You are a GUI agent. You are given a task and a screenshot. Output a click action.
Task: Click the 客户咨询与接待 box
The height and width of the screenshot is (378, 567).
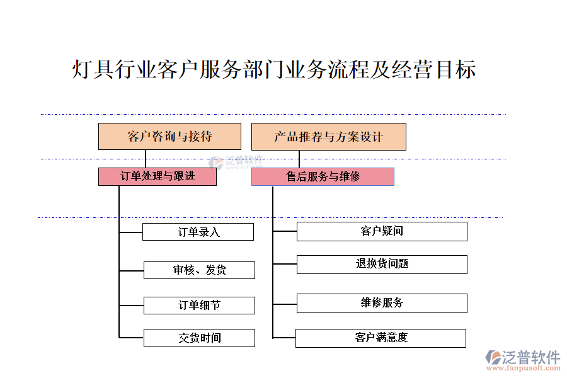click(x=169, y=136)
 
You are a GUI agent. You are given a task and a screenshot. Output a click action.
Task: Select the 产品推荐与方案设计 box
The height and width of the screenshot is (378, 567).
click(x=328, y=136)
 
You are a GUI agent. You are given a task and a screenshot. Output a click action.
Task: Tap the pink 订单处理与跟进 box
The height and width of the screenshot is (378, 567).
click(x=157, y=176)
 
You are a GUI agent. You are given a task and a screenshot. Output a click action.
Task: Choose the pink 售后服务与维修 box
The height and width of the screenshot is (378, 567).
click(x=323, y=177)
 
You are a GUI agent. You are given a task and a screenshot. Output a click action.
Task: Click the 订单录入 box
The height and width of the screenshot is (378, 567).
click(x=198, y=232)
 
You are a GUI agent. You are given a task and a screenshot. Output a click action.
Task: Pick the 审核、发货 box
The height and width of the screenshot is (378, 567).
click(x=199, y=270)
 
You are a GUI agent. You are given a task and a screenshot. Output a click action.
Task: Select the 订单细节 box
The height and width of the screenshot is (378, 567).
click(x=199, y=306)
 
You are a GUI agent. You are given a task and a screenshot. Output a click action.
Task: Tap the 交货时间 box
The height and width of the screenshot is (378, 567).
click(x=199, y=338)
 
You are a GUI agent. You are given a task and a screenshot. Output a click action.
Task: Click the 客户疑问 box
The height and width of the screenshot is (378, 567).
click(x=382, y=231)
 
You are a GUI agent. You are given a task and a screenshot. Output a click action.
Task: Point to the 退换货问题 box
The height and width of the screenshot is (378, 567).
click(x=382, y=265)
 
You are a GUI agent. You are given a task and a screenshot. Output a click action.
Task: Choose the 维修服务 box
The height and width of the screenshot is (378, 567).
click(x=382, y=303)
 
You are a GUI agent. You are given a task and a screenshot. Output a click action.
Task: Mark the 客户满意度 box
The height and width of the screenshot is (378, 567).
click(x=381, y=338)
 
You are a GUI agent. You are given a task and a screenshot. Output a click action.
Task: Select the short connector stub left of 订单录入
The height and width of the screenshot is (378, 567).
click(x=131, y=232)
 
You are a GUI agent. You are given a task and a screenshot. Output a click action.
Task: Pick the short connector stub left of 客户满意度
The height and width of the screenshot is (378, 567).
click(x=284, y=338)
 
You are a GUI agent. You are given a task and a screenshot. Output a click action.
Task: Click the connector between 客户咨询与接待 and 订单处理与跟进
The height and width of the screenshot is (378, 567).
click(x=146, y=159)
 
